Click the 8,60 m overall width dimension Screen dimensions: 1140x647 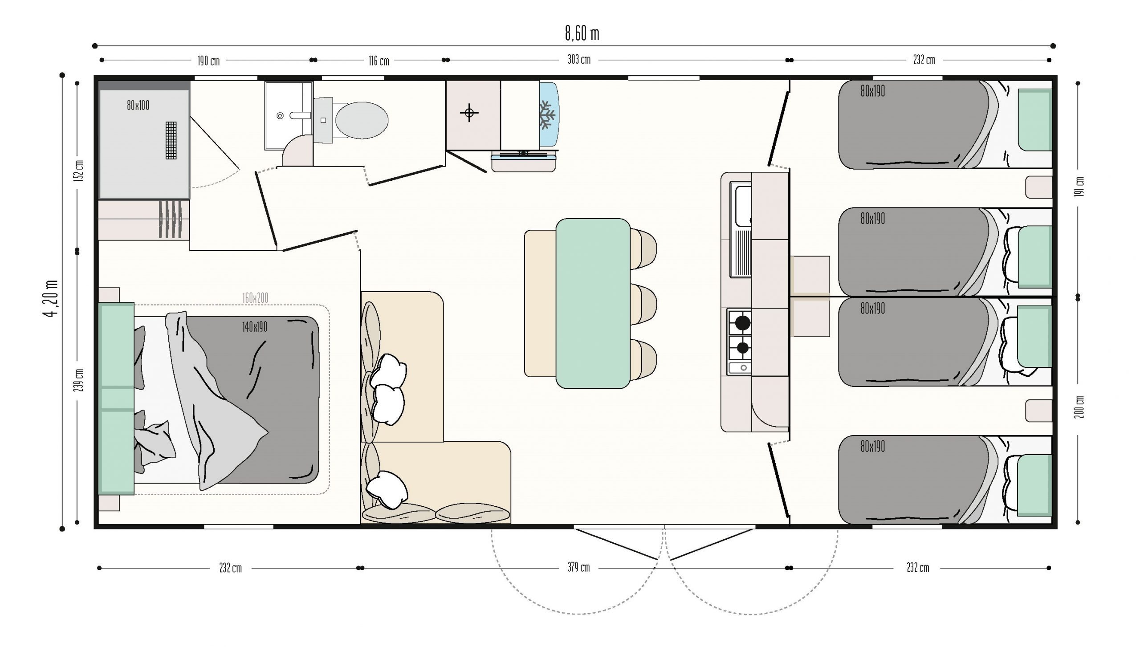(x=582, y=34)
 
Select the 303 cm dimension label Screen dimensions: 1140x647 (x=579, y=60)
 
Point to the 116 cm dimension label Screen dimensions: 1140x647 (x=379, y=61)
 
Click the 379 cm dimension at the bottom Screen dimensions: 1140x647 (x=578, y=567)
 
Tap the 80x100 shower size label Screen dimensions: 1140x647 (x=138, y=106)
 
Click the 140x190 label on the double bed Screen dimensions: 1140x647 (x=255, y=327)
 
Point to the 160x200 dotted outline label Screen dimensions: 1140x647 (x=255, y=298)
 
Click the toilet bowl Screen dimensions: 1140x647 (x=361, y=120)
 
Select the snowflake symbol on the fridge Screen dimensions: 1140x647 (x=547, y=115)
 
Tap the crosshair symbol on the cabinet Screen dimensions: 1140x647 (x=469, y=113)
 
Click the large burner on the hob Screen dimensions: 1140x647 (x=742, y=322)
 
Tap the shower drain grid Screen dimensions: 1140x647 (x=171, y=140)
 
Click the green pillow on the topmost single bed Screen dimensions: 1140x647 (x=1035, y=120)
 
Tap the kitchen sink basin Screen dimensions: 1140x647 (x=743, y=206)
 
